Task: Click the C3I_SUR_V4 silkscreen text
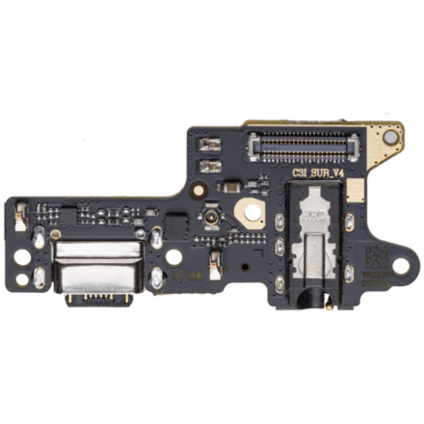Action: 318,174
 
